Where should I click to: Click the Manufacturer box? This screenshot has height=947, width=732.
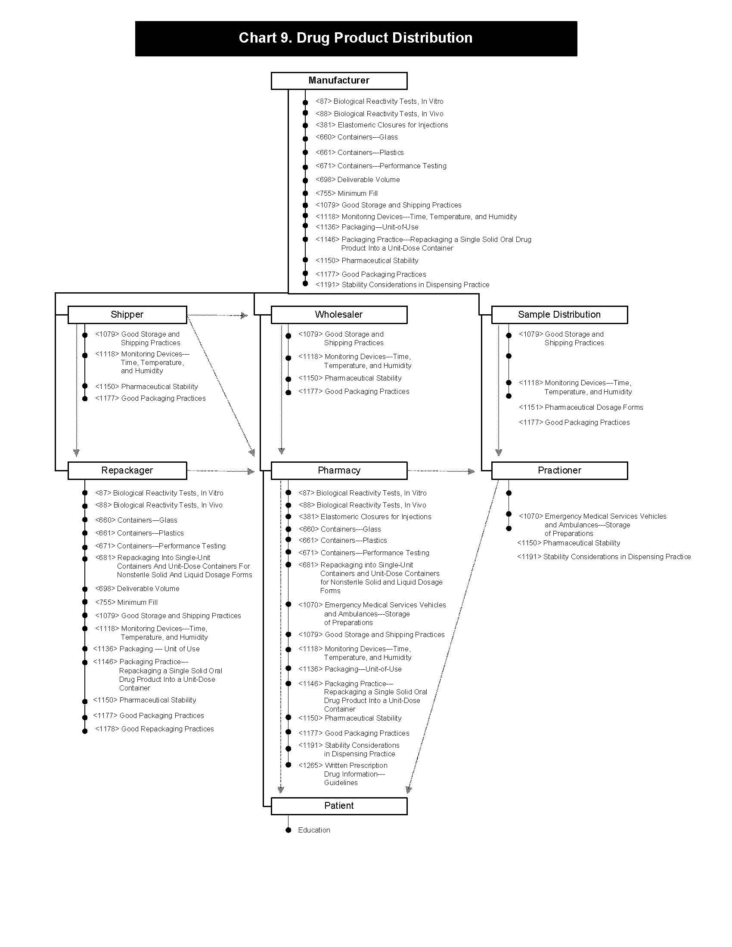(x=339, y=80)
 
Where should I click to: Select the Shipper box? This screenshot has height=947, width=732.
(x=127, y=315)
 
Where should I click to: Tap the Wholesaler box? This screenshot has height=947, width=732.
(x=339, y=315)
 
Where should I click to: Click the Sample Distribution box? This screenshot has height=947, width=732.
(x=559, y=315)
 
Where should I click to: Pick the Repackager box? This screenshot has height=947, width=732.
(x=127, y=470)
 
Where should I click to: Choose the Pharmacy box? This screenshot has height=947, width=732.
(x=339, y=470)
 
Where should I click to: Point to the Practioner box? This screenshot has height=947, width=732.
(x=559, y=470)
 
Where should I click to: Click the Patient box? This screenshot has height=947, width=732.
(x=339, y=806)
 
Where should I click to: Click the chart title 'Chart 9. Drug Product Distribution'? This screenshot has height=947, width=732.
(x=356, y=38)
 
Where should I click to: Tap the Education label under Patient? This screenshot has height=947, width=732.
(x=314, y=830)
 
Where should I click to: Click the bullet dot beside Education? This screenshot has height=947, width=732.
(x=288, y=830)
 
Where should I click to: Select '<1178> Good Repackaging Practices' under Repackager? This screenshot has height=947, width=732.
(x=155, y=729)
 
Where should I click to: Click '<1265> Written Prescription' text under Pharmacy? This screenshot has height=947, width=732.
(x=343, y=765)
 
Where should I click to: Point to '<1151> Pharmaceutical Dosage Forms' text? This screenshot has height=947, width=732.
(x=581, y=407)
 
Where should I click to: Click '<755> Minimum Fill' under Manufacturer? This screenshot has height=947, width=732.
(x=347, y=193)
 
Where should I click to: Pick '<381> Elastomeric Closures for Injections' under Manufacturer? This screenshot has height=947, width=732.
(x=382, y=125)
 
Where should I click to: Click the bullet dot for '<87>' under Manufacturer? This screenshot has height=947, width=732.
(x=305, y=102)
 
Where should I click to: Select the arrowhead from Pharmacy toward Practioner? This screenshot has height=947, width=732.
(x=472, y=471)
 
